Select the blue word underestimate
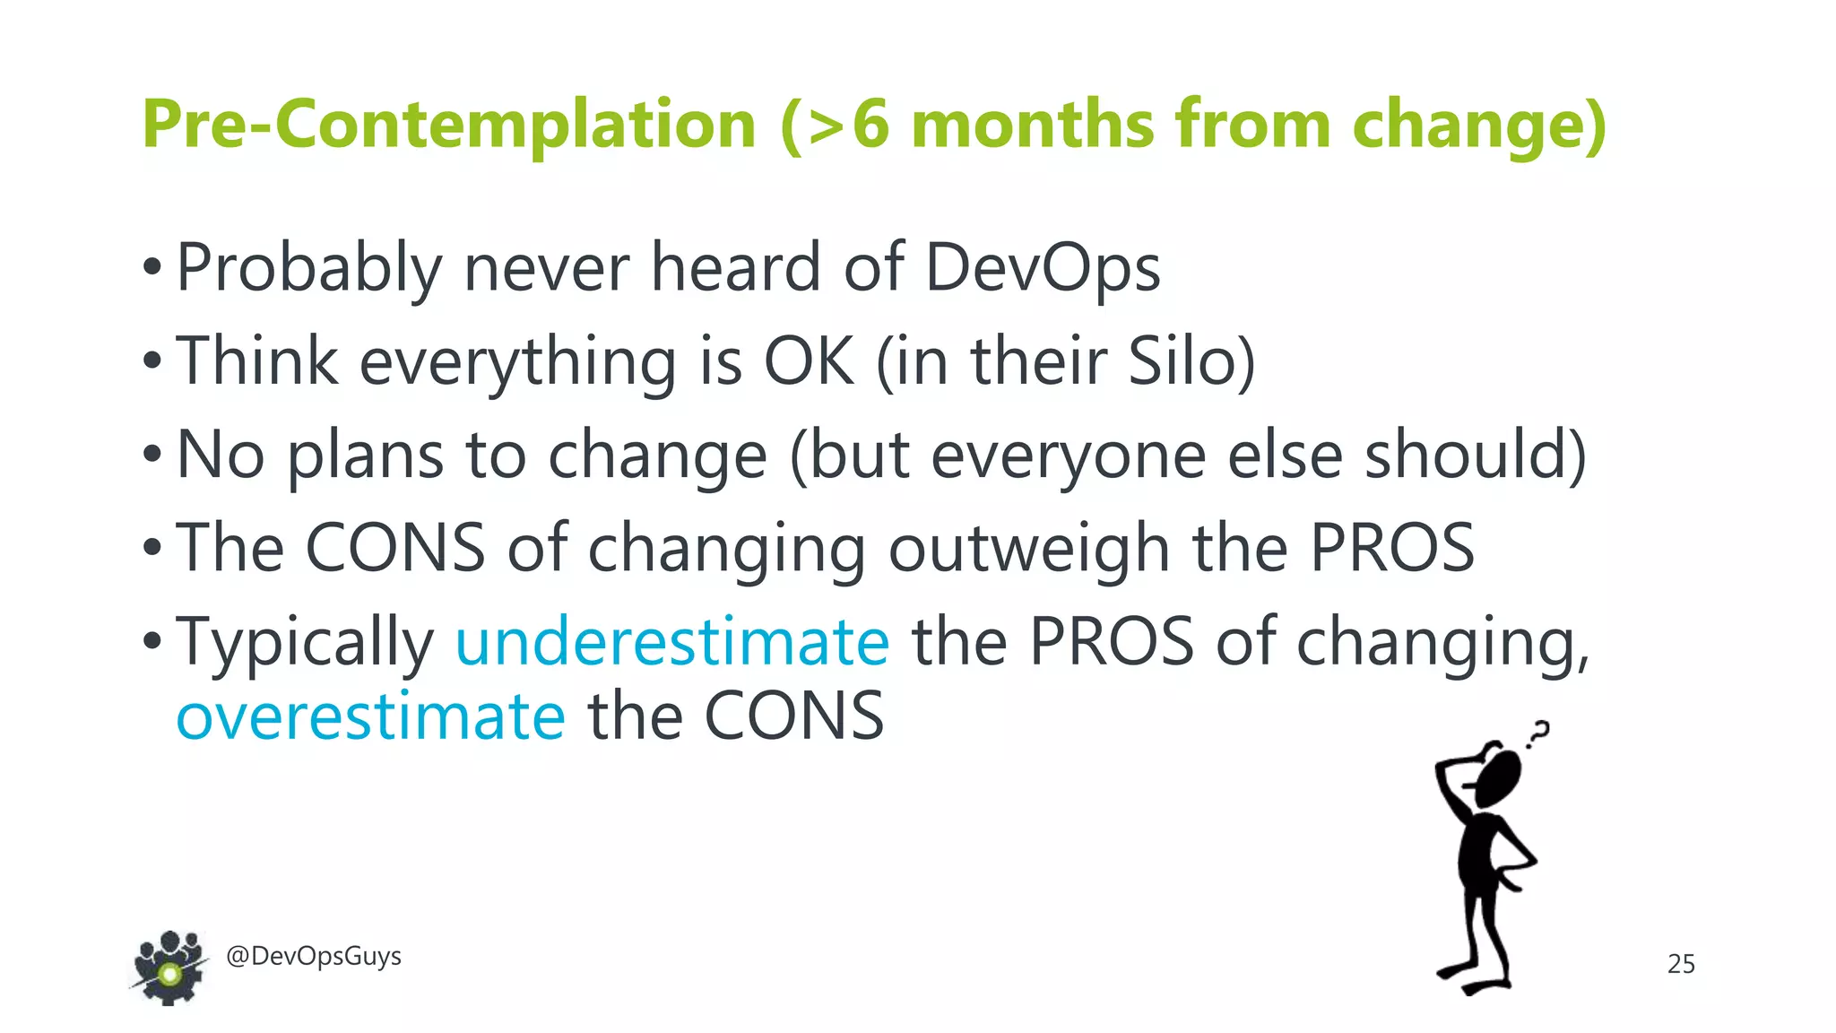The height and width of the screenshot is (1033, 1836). pos(672,642)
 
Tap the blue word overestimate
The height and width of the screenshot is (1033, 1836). pos(370,716)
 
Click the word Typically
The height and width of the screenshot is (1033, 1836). pos(305,642)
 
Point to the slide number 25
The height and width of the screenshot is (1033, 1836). pos(1681,964)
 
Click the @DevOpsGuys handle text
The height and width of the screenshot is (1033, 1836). pos(314,956)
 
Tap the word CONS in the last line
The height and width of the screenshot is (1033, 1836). pos(794,716)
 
